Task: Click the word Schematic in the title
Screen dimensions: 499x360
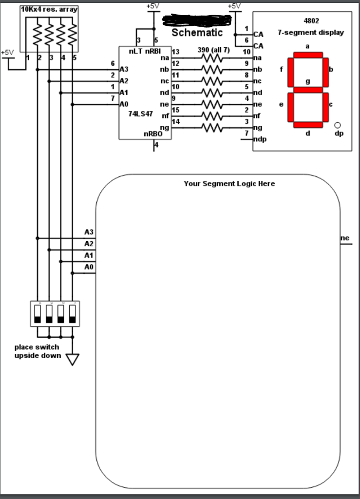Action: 197,33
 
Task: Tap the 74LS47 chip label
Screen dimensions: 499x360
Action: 138,113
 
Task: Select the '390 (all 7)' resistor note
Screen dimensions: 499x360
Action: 213,50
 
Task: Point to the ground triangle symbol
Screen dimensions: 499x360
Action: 72,360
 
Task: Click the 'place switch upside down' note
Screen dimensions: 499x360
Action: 37,351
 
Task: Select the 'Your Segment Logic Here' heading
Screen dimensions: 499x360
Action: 229,184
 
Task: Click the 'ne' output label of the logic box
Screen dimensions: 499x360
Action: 345,238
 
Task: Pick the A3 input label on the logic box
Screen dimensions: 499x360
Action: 89,232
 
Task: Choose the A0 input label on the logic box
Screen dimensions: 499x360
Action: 89,267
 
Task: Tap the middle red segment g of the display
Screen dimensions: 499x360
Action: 308,90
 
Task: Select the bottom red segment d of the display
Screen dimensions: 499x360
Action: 308,125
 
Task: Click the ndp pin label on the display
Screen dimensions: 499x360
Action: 260,139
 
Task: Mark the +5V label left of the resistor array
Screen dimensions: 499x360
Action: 8,52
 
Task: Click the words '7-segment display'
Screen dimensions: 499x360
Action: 310,33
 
